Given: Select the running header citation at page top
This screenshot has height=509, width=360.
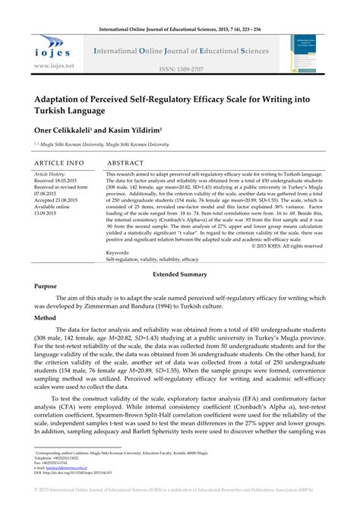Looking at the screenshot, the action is pyautogui.click(x=180, y=8).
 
